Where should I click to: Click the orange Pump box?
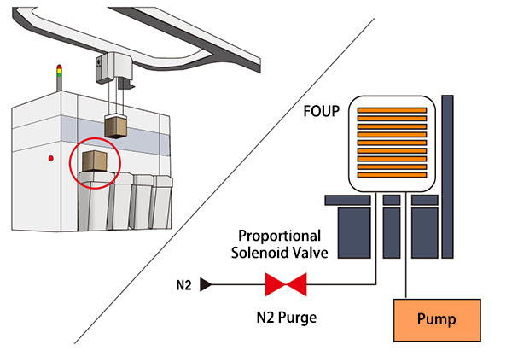click(436, 320)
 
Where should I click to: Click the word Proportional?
click(279, 235)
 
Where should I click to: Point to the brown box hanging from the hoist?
click(114, 126)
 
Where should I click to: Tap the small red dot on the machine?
click(52, 158)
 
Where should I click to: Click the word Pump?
click(436, 320)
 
